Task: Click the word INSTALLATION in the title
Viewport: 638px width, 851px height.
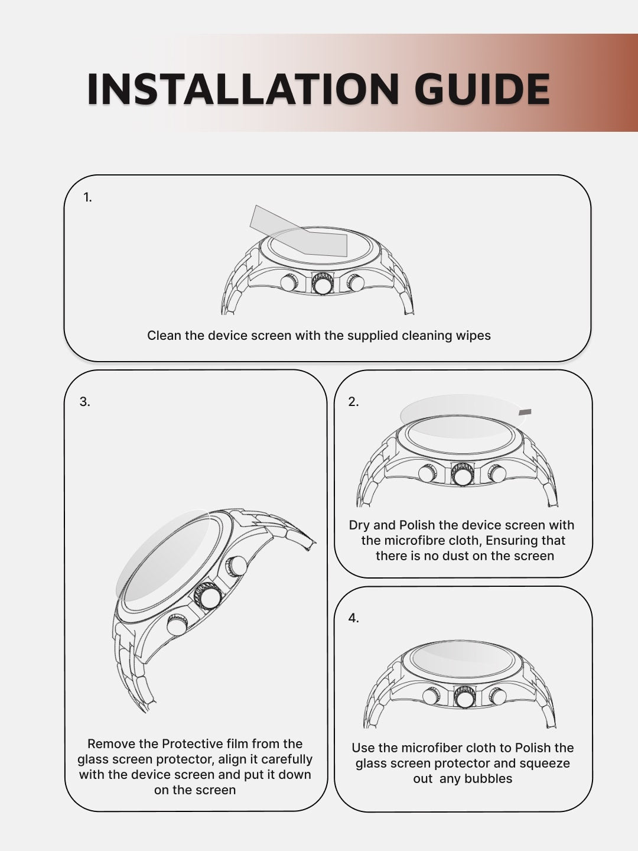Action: click(243, 89)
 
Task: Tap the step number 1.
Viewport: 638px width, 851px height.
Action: click(87, 198)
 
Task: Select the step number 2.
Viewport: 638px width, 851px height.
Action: click(353, 402)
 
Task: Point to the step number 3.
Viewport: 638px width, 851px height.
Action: click(85, 402)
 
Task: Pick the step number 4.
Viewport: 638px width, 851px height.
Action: click(353, 618)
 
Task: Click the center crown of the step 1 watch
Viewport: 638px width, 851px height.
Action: click(323, 284)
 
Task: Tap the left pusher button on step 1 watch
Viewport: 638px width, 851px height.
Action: click(289, 282)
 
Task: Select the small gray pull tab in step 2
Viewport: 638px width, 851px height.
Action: click(525, 412)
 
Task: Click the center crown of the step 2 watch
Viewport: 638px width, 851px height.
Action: click(461, 475)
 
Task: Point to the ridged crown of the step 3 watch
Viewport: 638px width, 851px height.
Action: click(208, 596)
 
